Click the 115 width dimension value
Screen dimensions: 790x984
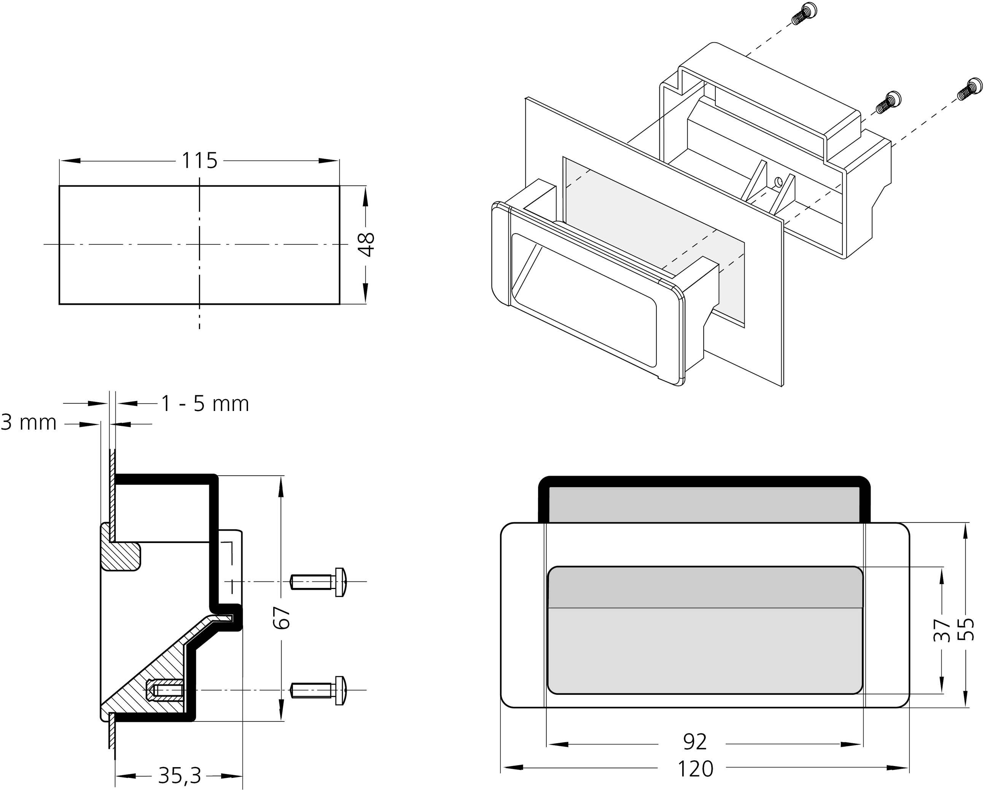199,161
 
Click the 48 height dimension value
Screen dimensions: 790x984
366,245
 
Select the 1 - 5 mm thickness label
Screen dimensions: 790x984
205,404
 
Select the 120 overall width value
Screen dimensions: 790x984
695,769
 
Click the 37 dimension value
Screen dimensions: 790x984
941,630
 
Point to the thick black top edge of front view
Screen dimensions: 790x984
704,479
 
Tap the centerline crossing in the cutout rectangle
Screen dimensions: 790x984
199,245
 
